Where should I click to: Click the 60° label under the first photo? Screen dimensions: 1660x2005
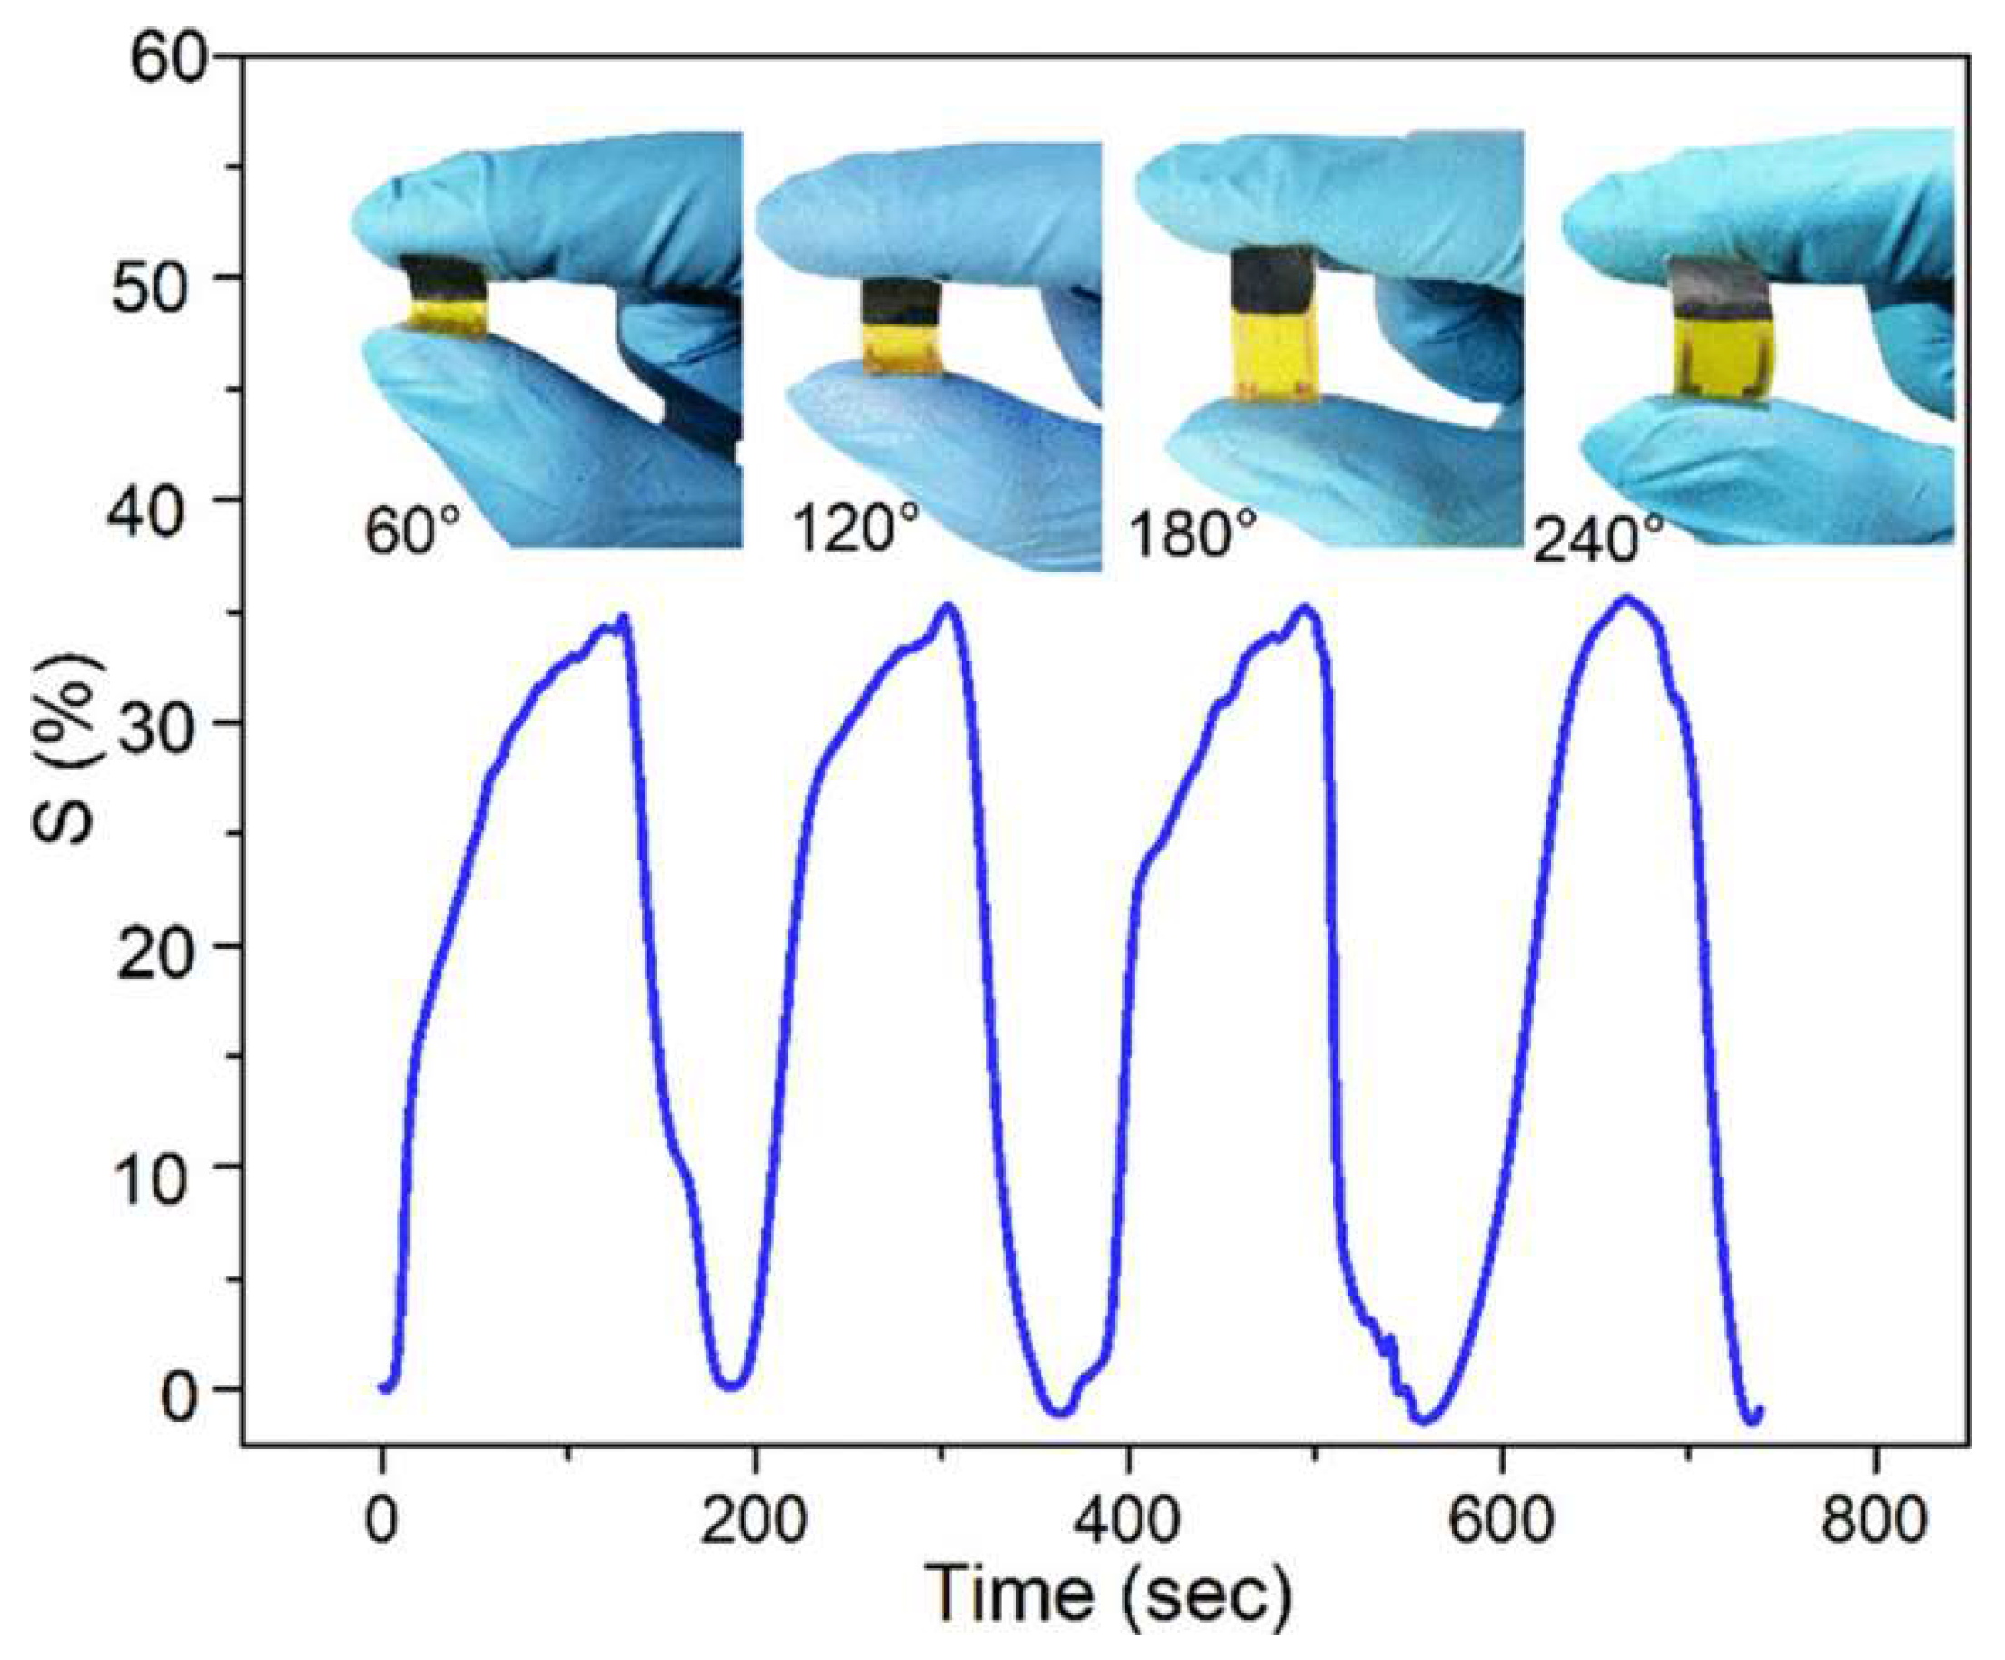(x=413, y=531)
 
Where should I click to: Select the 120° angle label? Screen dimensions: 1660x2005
(x=856, y=527)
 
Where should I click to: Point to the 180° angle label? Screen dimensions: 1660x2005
(x=1191, y=535)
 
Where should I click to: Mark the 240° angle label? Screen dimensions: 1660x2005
(x=1600, y=541)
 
